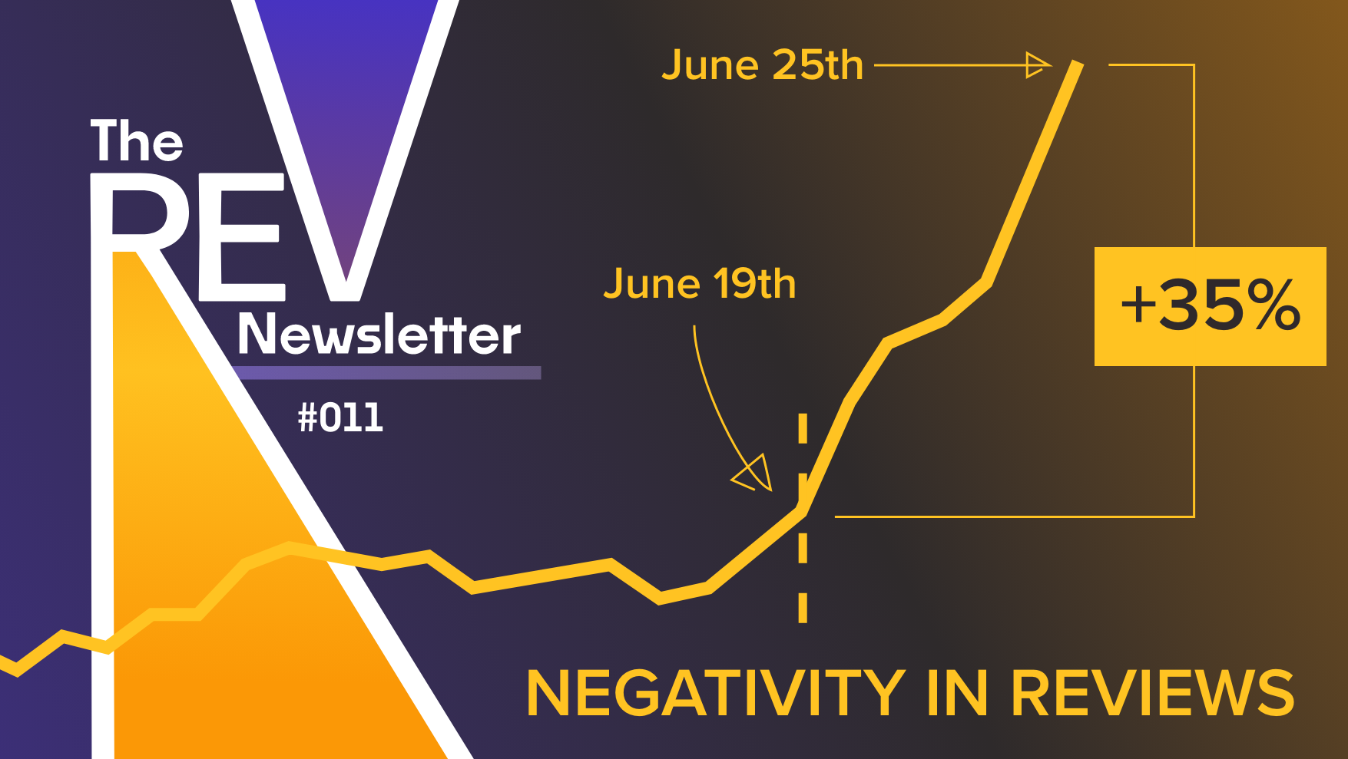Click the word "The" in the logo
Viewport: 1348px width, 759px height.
click(137, 140)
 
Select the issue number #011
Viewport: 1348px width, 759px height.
click(340, 418)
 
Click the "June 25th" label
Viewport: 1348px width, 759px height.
click(763, 64)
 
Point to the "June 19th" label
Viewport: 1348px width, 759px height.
click(700, 284)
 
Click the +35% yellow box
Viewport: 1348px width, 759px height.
click(1210, 306)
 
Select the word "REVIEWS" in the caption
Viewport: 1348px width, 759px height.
click(1152, 693)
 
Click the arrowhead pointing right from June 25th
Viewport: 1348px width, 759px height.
click(1038, 65)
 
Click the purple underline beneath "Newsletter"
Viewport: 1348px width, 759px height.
click(388, 373)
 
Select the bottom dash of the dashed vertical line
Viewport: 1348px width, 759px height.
click(803, 607)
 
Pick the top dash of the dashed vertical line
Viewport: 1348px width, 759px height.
click(803, 428)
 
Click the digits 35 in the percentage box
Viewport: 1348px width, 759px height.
click(1197, 305)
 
